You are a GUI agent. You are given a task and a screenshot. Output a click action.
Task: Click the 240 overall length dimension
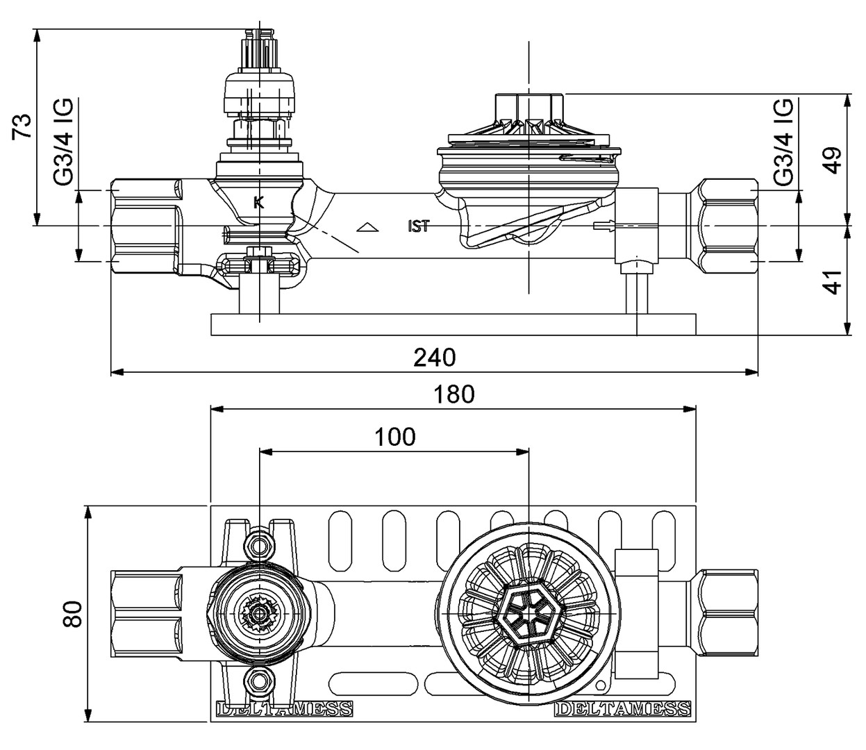coord(435,357)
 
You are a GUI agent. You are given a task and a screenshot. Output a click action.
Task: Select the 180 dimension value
coord(454,394)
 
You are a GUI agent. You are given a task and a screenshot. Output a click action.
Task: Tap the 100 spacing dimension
coord(394,437)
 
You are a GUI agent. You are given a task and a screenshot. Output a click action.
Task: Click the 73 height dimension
coord(24,126)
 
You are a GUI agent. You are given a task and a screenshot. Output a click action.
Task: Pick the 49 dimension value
coord(832,160)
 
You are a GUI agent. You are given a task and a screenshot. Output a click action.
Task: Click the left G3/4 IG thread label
coord(63,142)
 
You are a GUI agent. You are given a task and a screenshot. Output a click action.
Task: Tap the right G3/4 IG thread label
coord(783,142)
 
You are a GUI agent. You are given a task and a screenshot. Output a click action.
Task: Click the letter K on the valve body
coord(258,203)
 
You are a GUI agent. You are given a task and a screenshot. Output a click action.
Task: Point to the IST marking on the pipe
coord(418,226)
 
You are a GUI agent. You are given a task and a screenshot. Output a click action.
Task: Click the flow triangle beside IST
coord(367,226)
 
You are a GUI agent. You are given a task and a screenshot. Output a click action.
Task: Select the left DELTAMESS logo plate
coord(283,709)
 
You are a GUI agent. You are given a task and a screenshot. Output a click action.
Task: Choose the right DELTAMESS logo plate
coord(623,709)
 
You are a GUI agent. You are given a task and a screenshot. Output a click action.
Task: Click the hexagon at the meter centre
coord(529,613)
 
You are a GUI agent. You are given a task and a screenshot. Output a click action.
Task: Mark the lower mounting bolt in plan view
coord(259,681)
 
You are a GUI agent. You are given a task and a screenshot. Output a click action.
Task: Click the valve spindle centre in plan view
coord(259,613)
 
